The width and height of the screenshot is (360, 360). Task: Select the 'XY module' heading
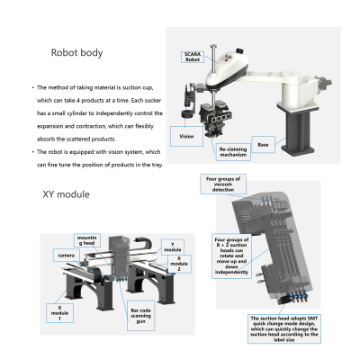pyautogui.click(x=65, y=193)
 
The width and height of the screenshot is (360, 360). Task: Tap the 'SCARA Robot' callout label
pyautogui.click(x=192, y=56)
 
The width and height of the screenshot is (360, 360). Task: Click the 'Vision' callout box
pyautogui.click(x=186, y=137)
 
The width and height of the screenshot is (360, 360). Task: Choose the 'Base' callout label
pyautogui.click(x=261, y=144)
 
